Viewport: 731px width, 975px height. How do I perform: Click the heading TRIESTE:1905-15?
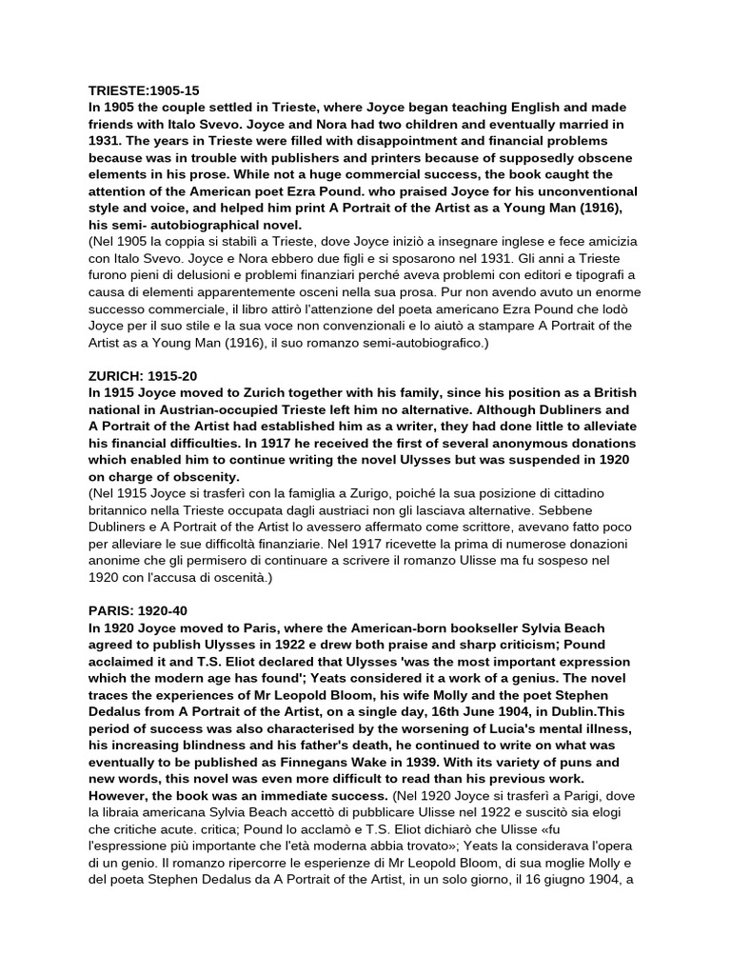(144, 90)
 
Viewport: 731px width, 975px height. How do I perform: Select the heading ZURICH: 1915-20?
(144, 376)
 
